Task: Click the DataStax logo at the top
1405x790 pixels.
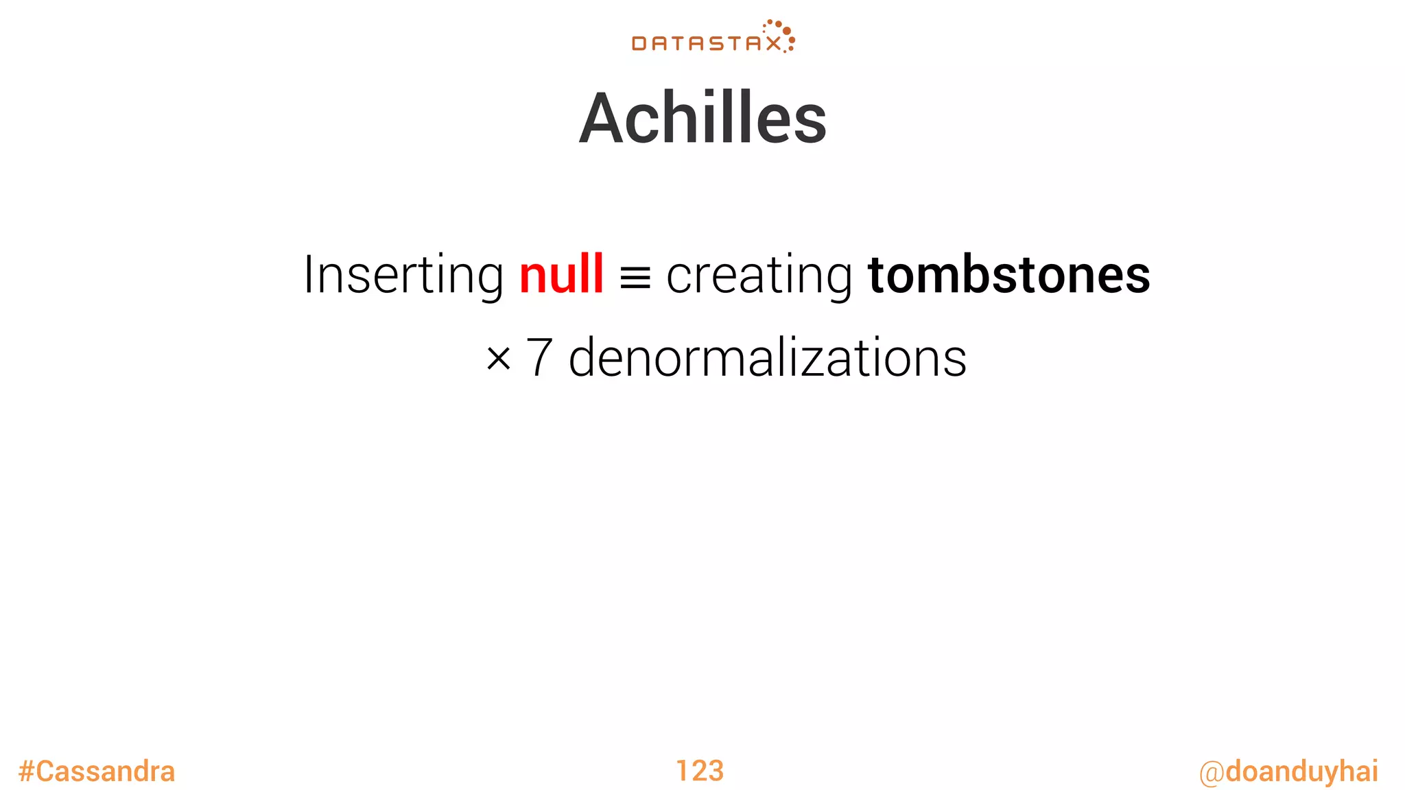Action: [x=713, y=38]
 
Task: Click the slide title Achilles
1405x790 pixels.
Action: [x=702, y=119]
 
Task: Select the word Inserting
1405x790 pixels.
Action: [x=403, y=275]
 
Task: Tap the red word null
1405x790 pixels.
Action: [x=561, y=274]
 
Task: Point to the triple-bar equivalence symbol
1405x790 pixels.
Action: [x=635, y=278]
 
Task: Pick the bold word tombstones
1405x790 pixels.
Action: [x=1008, y=275]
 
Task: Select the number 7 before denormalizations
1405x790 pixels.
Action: [x=539, y=357]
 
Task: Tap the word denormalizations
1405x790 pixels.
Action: [x=768, y=357]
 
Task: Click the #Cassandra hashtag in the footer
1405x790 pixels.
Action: [x=97, y=771]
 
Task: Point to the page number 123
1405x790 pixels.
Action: [x=700, y=771]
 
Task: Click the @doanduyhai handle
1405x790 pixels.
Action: [x=1288, y=771]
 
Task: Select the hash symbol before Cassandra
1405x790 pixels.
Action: [x=26, y=771]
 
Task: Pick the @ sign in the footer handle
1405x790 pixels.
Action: [x=1212, y=773]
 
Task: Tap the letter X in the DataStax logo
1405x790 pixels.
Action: [x=773, y=44]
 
